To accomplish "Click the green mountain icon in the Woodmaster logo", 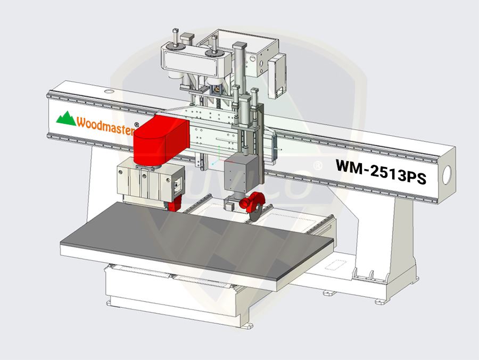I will (67, 118).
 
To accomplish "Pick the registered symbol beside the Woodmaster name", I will (137, 124).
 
